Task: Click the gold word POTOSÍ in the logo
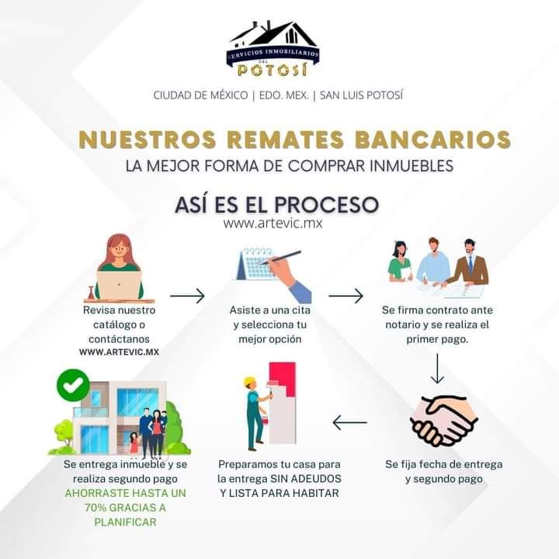[x=273, y=70]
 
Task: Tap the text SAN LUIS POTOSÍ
[x=361, y=95]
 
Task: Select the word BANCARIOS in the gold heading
[x=432, y=139]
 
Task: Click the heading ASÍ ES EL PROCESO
[x=276, y=204]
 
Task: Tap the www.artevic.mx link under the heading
[x=273, y=224]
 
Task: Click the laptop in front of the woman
[x=119, y=285]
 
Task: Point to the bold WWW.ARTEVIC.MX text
[x=119, y=352]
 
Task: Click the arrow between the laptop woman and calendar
[x=187, y=296]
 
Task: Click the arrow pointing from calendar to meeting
[x=345, y=296]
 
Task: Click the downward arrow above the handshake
[x=437, y=368]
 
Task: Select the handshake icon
[x=443, y=421]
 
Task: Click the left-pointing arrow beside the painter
[x=349, y=422]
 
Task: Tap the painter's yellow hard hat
[x=250, y=382]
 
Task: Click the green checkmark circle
[x=73, y=385]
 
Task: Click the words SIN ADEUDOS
[x=306, y=478]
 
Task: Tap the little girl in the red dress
[x=134, y=445]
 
